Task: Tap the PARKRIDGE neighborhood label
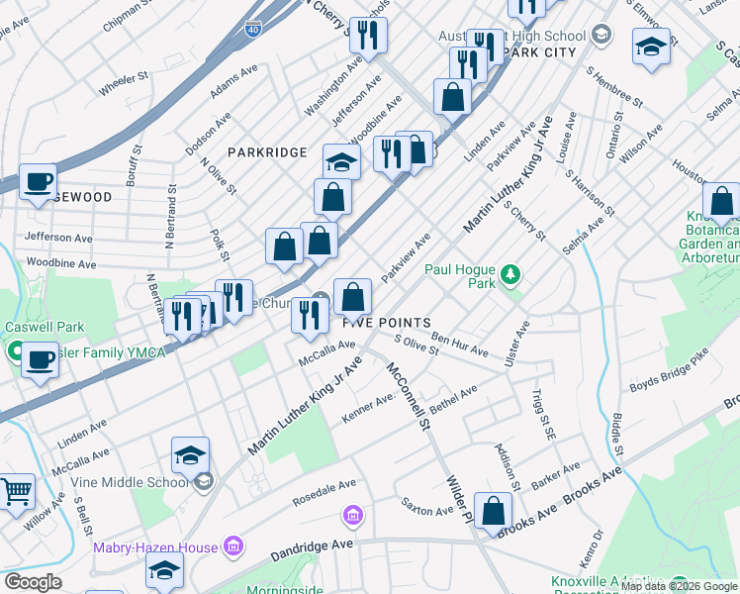pyautogui.click(x=267, y=152)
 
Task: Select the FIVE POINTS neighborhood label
pyautogui.click(x=387, y=323)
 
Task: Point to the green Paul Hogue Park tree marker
pyautogui.click(x=510, y=271)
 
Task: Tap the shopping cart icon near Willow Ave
pyautogui.click(x=16, y=491)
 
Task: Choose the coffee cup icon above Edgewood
pyautogui.click(x=39, y=182)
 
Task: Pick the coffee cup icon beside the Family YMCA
pyautogui.click(x=40, y=359)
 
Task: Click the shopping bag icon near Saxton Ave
pyautogui.click(x=493, y=510)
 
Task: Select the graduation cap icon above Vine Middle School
pyautogui.click(x=190, y=454)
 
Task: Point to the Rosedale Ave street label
pyautogui.click(x=324, y=491)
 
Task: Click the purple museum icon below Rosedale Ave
pyautogui.click(x=353, y=515)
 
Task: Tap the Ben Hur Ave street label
pyautogui.click(x=459, y=345)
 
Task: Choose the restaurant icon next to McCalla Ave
pyautogui.click(x=310, y=314)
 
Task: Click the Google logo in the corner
pyautogui.click(x=33, y=582)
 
